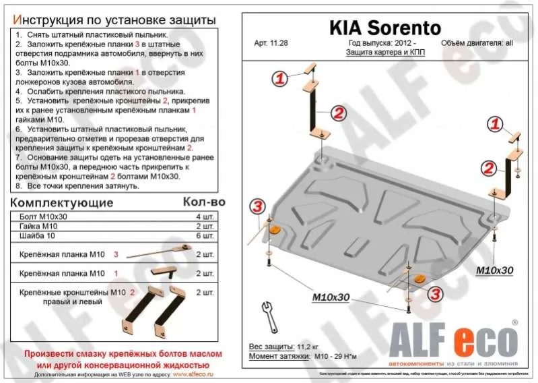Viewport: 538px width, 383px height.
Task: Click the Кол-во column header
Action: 204,202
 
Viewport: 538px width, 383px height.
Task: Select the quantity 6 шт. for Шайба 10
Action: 205,236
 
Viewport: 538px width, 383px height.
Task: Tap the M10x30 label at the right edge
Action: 496,270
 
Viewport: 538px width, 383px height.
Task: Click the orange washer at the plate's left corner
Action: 275,231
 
